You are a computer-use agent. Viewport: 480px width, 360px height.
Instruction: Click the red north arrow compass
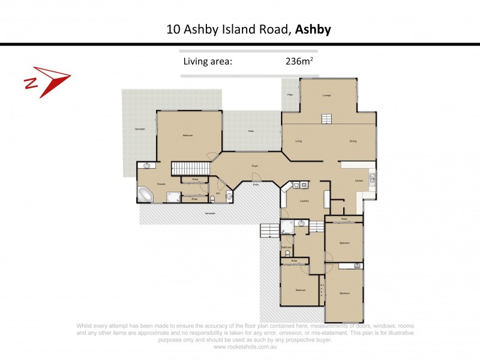(x=47, y=82)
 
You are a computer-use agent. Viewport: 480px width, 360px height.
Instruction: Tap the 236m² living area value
(x=300, y=61)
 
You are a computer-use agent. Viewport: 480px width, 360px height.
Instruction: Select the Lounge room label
(x=327, y=95)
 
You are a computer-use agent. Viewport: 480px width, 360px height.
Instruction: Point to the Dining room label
(x=353, y=142)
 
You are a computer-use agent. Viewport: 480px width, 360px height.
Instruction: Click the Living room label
(x=298, y=142)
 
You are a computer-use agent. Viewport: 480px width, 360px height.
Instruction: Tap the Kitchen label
(x=359, y=181)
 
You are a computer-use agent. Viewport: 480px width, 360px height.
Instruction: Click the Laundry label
(x=304, y=201)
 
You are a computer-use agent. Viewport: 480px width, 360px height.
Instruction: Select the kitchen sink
(x=373, y=177)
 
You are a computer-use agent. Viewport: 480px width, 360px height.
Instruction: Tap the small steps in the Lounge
(x=326, y=118)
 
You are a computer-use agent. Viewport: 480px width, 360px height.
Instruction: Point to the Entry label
(x=256, y=185)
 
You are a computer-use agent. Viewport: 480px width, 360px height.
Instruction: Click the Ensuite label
(x=161, y=184)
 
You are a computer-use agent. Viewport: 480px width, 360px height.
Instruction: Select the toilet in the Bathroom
(x=287, y=253)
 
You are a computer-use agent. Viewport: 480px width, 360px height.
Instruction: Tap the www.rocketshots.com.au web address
(x=240, y=347)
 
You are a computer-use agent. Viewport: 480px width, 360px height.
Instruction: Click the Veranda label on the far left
(x=140, y=130)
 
